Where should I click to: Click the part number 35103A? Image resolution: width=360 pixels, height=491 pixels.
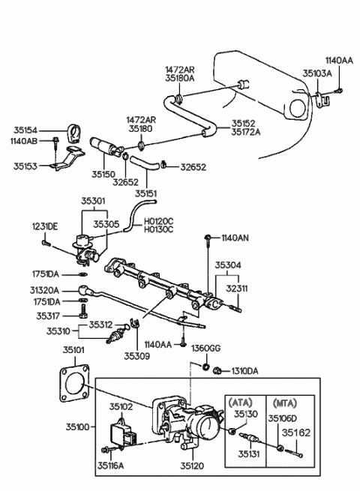click(316, 73)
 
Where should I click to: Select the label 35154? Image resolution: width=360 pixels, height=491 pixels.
click(25, 130)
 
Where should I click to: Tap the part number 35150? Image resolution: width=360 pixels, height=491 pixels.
click(103, 174)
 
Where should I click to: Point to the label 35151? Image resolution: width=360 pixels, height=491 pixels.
click(145, 193)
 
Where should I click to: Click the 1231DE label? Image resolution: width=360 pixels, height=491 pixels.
click(45, 226)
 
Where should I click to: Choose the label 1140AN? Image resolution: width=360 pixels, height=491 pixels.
click(235, 238)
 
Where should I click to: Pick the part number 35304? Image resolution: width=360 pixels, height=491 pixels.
click(228, 265)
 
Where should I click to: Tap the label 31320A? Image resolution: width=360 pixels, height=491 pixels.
click(44, 291)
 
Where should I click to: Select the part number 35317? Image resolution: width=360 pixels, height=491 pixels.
click(47, 316)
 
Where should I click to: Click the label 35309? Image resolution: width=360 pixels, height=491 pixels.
click(137, 356)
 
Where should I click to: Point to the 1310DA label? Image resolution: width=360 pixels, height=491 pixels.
click(244, 371)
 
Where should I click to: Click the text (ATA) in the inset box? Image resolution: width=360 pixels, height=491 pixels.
click(240, 403)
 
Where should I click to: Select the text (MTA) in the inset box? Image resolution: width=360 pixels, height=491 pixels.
click(284, 403)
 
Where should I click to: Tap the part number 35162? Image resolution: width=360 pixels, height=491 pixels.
click(296, 433)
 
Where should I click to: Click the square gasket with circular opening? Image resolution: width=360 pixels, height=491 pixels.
click(74, 382)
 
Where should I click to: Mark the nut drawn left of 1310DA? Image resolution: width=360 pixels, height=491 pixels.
click(217, 371)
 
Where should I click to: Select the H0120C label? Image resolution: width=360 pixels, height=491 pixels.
click(158, 221)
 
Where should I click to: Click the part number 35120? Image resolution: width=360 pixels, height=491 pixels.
click(192, 466)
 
